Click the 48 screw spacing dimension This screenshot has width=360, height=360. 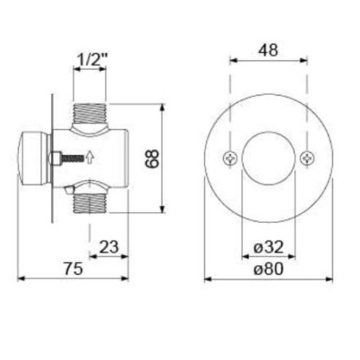click(268, 49)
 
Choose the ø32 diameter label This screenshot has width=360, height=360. click(268, 247)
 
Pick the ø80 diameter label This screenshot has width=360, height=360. click(268, 268)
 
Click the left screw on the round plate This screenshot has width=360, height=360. click(230, 158)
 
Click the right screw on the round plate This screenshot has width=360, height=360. click(307, 158)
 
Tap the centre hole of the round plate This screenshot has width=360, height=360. click(268, 158)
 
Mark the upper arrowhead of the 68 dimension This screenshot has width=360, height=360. click(163, 106)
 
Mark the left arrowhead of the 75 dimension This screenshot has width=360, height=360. click(20, 278)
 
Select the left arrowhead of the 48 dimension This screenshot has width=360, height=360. click(233, 60)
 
